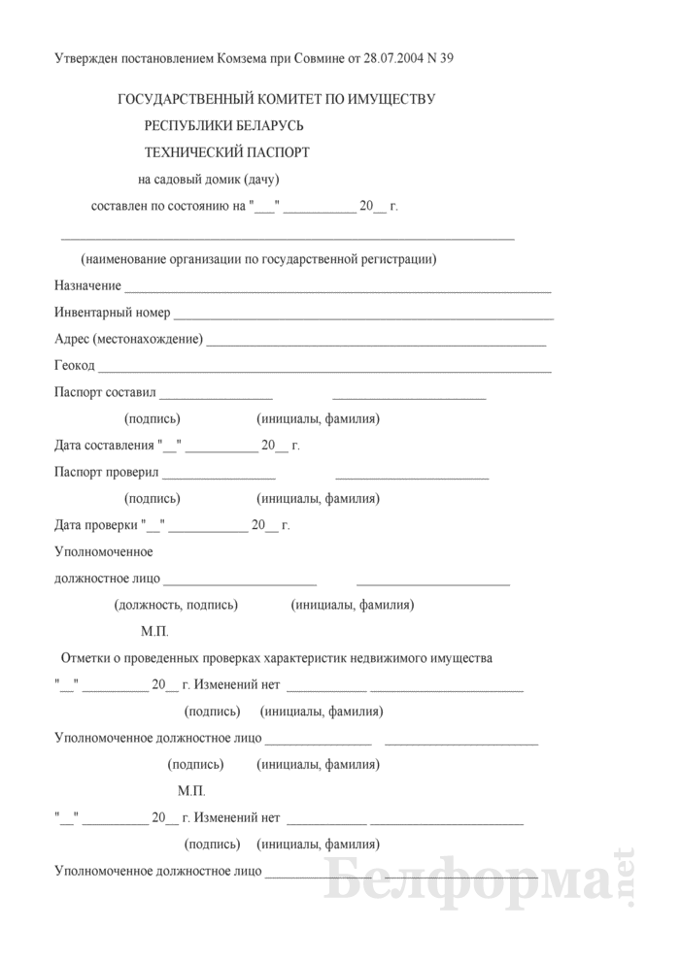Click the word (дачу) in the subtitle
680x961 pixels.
[x=261, y=179]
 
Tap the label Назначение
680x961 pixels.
[x=88, y=285]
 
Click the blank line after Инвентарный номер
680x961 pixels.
[x=363, y=315]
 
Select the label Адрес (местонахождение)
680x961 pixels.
[x=129, y=339]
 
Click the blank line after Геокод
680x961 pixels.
[x=324, y=369]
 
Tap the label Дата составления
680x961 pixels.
[x=104, y=446]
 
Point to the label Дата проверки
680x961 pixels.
[x=96, y=525]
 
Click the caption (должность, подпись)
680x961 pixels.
[x=176, y=605]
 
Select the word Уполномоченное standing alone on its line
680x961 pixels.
[x=106, y=551]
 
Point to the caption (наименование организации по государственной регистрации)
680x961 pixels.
[x=259, y=259]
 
